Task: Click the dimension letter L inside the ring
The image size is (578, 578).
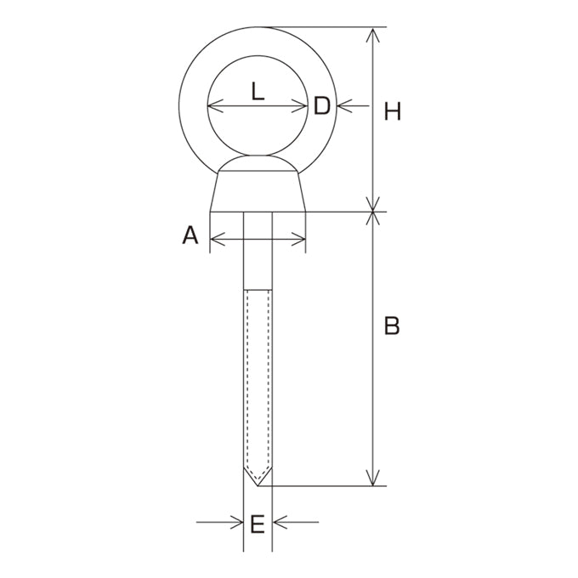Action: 258,91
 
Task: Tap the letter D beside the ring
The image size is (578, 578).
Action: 322,105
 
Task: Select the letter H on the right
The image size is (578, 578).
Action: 392,111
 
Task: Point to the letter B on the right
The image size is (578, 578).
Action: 392,326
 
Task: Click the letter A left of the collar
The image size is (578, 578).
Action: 190,235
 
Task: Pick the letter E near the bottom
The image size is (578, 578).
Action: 258,524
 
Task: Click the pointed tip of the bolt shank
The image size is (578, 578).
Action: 258,486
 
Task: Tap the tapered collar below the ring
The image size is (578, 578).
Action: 258,191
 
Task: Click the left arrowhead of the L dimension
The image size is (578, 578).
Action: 215,106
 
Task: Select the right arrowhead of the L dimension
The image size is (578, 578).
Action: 299,106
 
